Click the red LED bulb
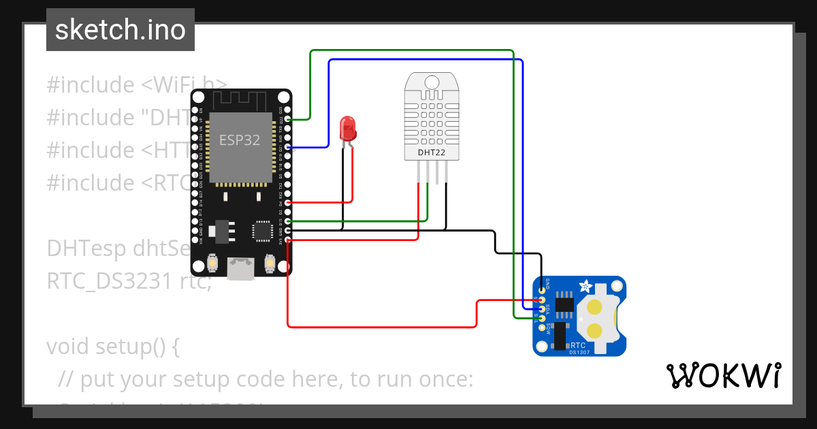(347, 128)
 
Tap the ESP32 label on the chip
(236, 140)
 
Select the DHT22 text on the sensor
(432, 153)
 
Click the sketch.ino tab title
(121, 30)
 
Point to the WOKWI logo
(722, 375)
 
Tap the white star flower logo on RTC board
(584, 286)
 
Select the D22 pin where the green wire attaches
(288, 119)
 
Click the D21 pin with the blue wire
(288, 147)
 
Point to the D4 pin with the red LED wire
(288, 202)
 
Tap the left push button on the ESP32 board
(213, 262)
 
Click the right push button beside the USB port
(270, 262)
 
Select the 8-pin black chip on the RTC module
(564, 305)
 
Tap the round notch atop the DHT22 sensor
(432, 82)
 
